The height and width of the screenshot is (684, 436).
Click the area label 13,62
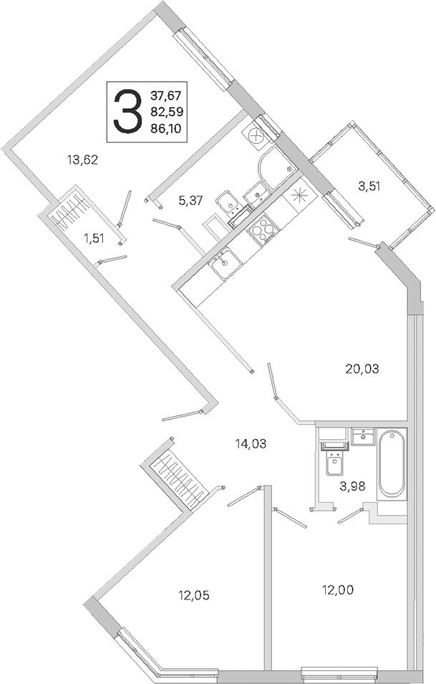point(82,160)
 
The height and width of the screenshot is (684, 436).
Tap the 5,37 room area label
point(190,201)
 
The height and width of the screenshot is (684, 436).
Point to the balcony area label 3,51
point(369,186)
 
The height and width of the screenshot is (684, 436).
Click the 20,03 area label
point(362,369)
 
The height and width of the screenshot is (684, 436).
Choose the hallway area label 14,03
point(251,444)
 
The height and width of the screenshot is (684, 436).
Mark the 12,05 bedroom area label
point(193,594)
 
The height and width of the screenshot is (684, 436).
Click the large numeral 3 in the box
point(127,112)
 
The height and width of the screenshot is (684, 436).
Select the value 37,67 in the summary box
point(167,95)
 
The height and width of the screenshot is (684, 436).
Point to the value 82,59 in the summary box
point(167,111)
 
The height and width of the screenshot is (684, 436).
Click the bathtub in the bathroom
point(392,463)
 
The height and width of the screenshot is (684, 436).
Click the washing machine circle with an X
point(256,135)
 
